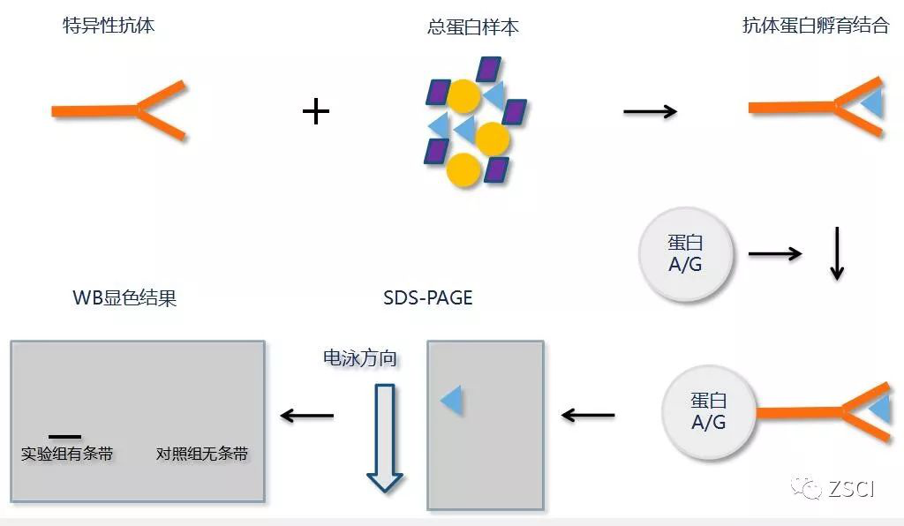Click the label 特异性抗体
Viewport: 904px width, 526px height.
(x=109, y=25)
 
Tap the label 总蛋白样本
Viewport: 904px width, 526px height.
(x=472, y=26)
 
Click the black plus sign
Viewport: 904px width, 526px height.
(x=315, y=111)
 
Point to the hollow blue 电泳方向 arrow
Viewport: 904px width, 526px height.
(x=385, y=438)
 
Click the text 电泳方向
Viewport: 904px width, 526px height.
(x=360, y=358)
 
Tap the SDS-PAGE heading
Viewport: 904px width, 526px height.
(x=428, y=297)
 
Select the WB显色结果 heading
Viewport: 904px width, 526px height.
(x=124, y=297)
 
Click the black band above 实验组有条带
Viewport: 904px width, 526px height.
(x=64, y=436)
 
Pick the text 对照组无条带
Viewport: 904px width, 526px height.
(x=202, y=455)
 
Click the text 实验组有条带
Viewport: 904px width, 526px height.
(x=67, y=455)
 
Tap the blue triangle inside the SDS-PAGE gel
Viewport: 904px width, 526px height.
(x=452, y=401)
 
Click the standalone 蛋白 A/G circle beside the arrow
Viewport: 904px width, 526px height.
(x=685, y=254)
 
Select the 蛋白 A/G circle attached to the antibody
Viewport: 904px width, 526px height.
(x=709, y=411)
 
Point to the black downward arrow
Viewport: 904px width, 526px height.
(x=836, y=254)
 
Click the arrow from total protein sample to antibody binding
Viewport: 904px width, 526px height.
(x=650, y=111)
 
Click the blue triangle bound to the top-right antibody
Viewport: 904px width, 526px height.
(x=872, y=104)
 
